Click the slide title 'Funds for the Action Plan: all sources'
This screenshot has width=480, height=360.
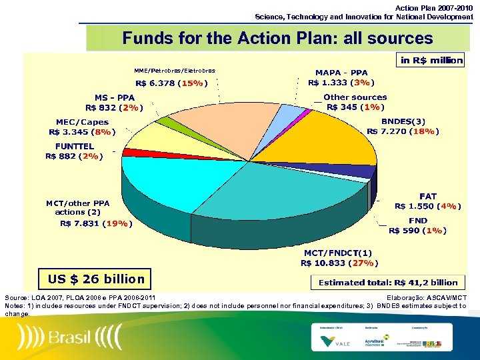[277, 39]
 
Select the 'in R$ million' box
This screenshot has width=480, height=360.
[431, 61]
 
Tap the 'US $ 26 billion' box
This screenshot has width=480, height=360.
[91, 279]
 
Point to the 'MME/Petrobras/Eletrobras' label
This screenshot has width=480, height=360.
[175, 70]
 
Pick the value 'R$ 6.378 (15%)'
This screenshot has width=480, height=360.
[171, 83]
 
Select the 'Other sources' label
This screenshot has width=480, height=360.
[355, 97]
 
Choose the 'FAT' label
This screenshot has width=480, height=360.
[427, 197]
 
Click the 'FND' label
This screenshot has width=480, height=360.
[418, 221]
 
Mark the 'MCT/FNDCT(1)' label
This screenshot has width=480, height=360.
[338, 253]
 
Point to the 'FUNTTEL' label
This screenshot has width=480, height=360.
[74, 146]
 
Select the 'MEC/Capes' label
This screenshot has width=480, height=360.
[82, 122]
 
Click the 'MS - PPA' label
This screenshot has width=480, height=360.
[114, 97]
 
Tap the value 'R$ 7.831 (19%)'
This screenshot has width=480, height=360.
[95, 223]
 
